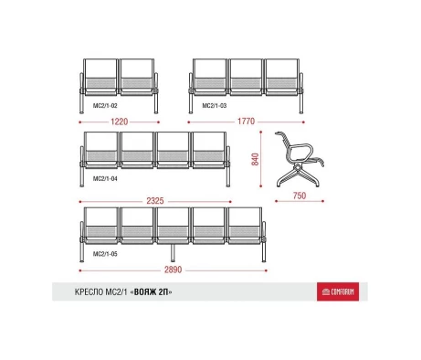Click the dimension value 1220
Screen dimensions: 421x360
[119, 122]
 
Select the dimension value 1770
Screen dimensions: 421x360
[246, 122]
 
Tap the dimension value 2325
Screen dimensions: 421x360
[155, 201]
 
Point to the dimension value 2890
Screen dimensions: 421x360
[174, 270]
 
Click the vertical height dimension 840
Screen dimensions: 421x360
[255, 159]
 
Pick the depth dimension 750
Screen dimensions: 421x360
[300, 196]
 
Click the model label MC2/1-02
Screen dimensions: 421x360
[105, 106]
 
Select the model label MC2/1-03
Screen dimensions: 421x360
[215, 106]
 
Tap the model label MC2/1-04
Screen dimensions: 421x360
[105, 178]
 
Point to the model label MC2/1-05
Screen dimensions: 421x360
[105, 254]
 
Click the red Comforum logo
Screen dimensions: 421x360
[338, 291]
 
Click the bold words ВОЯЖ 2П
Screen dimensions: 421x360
[151, 292]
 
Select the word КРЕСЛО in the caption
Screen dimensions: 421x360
[89, 292]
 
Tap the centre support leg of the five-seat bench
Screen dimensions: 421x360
[173, 253]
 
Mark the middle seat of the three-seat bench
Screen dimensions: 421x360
[246, 77]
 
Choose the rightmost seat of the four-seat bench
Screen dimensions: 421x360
[209, 150]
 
